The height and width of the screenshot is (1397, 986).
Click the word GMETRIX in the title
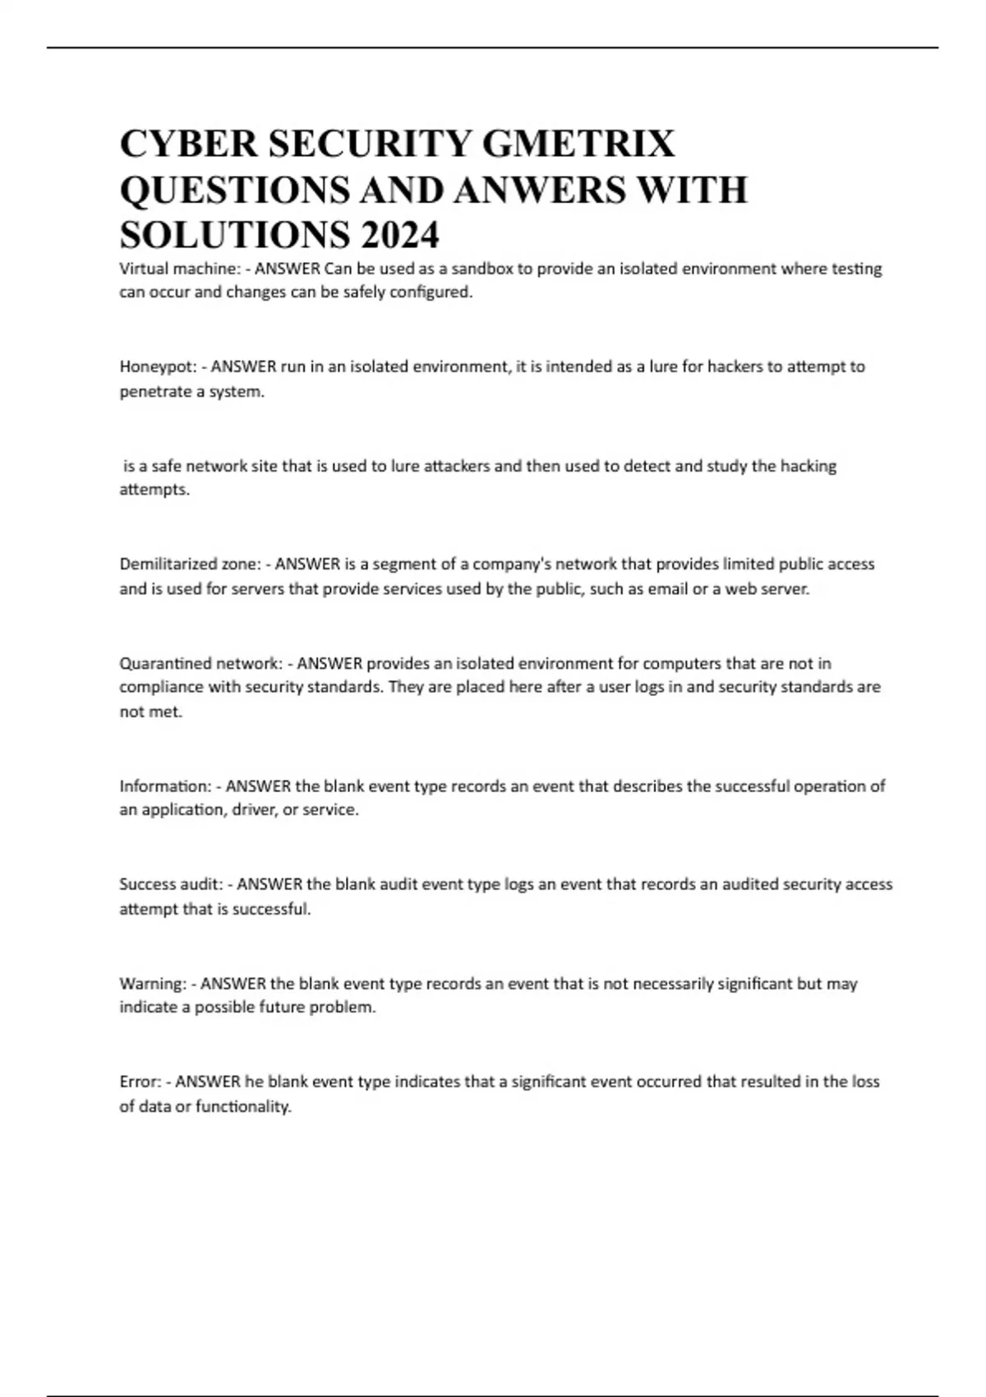click(578, 144)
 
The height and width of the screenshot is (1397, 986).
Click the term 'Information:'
click(165, 786)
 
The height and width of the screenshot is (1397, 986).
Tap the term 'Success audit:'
click(171, 885)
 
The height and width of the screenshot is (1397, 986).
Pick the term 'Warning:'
click(153, 984)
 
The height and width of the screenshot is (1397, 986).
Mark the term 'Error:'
click(141, 1082)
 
